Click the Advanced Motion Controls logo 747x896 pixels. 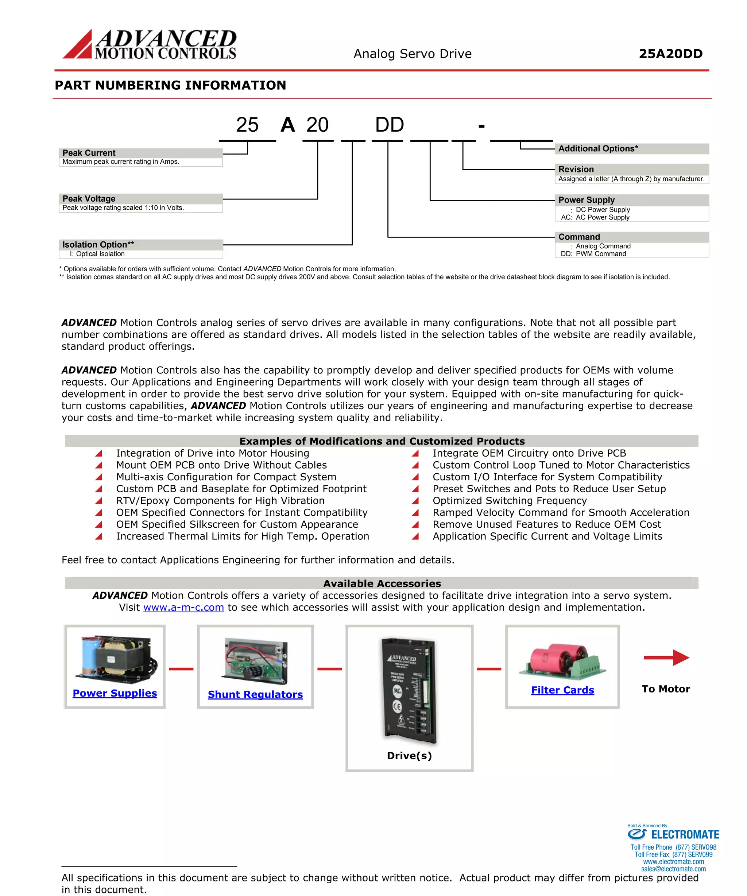150,44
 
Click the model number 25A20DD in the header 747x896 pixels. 670,54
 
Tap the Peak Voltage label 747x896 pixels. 89,199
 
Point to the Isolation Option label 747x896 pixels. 98,244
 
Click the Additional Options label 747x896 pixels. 597,148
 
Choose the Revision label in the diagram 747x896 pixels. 576,169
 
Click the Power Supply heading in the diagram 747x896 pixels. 586,200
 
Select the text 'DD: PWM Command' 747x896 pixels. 593,254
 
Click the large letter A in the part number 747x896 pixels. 288,125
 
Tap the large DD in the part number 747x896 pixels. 389,125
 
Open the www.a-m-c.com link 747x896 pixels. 183,608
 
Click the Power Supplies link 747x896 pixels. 115,693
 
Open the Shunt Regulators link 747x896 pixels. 255,695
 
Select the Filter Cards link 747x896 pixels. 562,690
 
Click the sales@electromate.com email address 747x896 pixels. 673,869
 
